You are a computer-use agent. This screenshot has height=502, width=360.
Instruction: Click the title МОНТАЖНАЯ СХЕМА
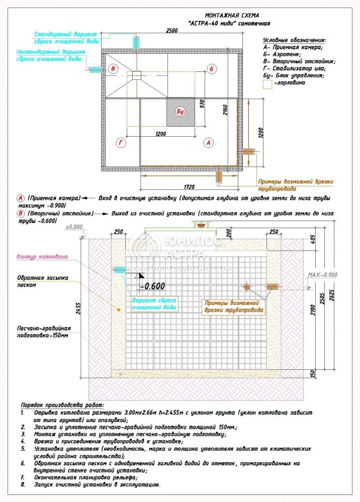pos(232,16)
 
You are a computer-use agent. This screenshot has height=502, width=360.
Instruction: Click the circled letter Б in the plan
pos(212,69)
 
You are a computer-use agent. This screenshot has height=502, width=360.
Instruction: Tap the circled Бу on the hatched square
pos(181,111)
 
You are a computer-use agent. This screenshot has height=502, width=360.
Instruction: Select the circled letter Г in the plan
pos(121,143)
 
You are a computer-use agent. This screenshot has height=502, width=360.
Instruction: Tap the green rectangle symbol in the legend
pos(267,84)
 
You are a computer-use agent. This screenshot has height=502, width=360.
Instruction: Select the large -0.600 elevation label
pos(151,286)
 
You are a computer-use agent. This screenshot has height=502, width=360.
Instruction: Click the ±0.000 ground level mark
pos(74,228)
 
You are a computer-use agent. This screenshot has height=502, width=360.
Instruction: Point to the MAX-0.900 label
pos(322,275)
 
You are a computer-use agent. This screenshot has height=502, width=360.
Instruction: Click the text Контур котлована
pos(42,256)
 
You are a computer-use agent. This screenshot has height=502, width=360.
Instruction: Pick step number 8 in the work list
pos(23,485)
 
